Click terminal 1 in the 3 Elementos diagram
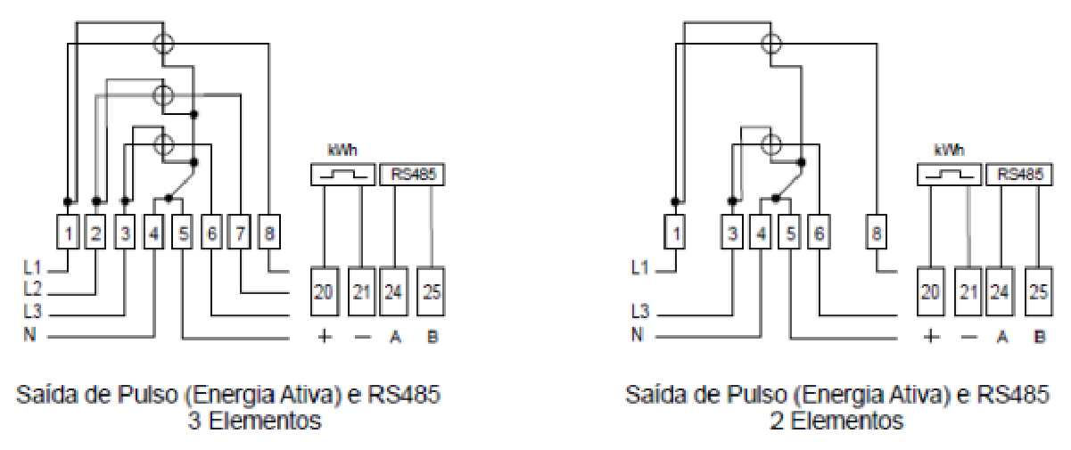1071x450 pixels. coord(68,233)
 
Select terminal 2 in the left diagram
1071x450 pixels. coord(95,233)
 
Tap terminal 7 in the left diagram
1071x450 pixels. coord(239,233)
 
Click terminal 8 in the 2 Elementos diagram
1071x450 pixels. coord(877,233)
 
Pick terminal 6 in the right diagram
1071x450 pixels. coord(819,233)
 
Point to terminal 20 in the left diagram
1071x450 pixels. coord(325,291)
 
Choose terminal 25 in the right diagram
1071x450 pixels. coord(1039,291)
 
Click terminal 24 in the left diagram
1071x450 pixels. coord(394,291)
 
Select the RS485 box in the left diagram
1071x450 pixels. coord(412,175)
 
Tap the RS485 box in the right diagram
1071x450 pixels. coord(1019,175)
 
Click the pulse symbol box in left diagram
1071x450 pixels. coord(342,175)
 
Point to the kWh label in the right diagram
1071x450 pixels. coord(949,151)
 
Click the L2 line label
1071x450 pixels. coord(32,289)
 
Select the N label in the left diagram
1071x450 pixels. coord(29,334)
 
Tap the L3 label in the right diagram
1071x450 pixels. coord(640,312)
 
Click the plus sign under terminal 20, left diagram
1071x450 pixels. coord(325,337)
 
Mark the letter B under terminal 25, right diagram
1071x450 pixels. coord(1040,337)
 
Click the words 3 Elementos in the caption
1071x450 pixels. coord(254,421)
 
